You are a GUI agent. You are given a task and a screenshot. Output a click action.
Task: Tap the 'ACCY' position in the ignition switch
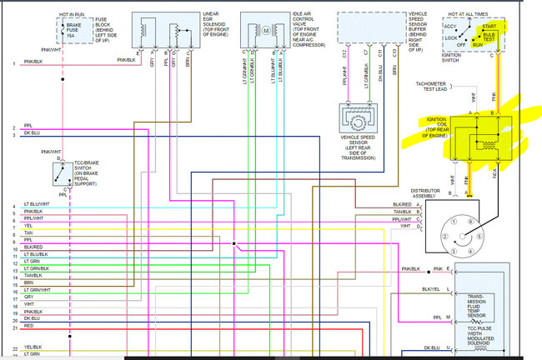[451, 27]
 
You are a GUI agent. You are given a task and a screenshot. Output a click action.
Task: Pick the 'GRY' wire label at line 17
[28, 297]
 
